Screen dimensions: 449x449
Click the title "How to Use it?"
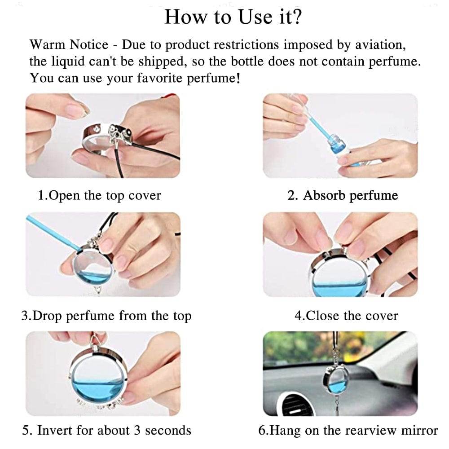(233, 17)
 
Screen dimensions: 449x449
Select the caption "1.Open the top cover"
(99, 196)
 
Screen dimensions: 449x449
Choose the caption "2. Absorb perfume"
(342, 196)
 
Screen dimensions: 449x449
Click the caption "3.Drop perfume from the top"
(106, 316)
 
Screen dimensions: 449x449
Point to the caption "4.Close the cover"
(346, 316)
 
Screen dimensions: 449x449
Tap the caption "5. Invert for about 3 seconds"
(107, 430)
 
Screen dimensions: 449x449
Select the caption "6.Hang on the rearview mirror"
(348, 430)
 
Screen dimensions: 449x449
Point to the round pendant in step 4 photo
(339, 274)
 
